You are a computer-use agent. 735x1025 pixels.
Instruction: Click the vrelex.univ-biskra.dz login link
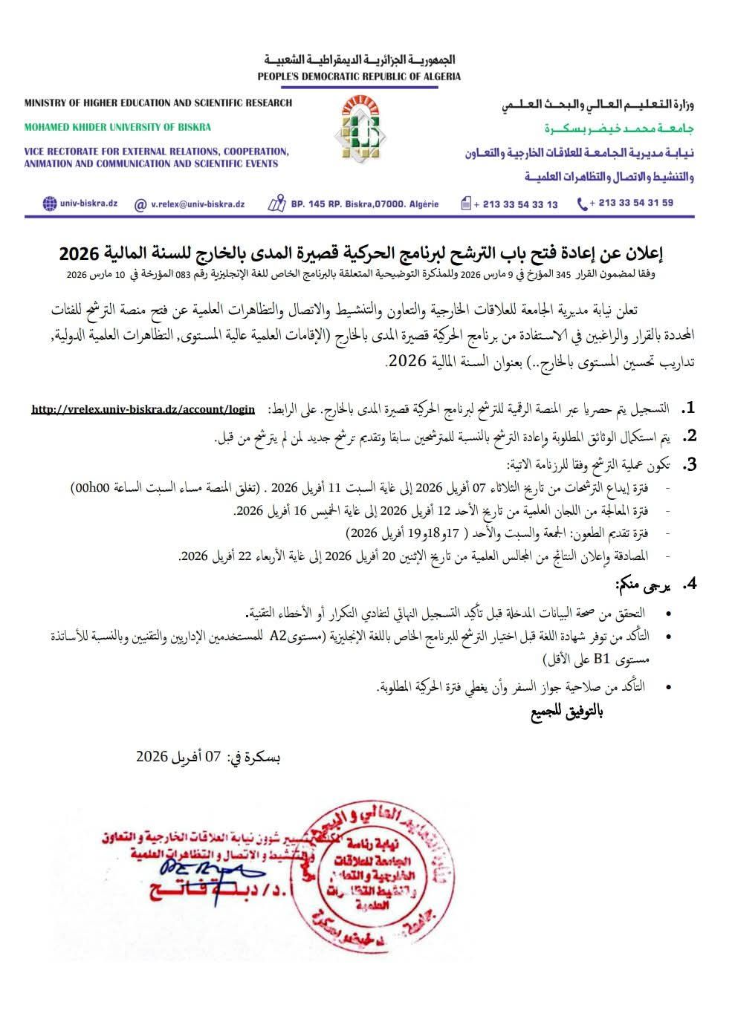[143, 409]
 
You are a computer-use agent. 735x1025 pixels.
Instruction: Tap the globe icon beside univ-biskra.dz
[50, 204]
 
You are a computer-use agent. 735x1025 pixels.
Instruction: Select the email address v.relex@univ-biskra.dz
[198, 204]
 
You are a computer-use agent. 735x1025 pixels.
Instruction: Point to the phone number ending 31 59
[631, 203]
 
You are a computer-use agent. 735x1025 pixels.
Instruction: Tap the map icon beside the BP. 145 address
[277, 204]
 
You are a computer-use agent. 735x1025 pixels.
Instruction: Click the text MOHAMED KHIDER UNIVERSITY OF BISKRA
[117, 127]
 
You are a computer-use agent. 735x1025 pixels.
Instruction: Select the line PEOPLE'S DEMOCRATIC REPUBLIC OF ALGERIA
[359, 77]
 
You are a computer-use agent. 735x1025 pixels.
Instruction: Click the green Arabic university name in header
[608, 128]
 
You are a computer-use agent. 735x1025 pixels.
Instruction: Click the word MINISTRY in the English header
[47, 102]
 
